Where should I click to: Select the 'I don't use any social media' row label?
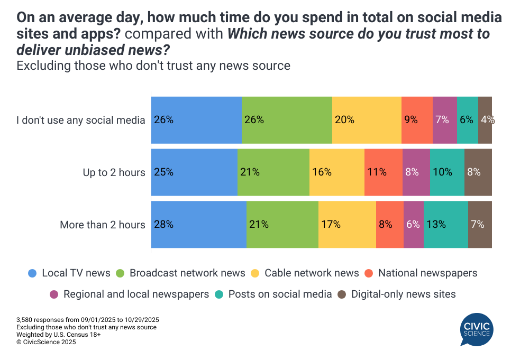click(x=80, y=120)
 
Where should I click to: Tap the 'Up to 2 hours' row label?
click(x=114, y=172)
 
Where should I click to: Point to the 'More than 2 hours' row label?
click(x=102, y=225)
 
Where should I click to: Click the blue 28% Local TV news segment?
click(x=198, y=225)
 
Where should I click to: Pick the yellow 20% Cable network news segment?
click(x=367, y=120)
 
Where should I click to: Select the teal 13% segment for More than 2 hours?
click(x=445, y=225)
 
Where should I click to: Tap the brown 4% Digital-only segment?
click(x=485, y=120)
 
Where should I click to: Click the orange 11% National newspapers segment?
click(x=383, y=172)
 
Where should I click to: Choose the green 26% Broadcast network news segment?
click(x=287, y=120)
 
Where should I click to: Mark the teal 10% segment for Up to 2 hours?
click(x=447, y=172)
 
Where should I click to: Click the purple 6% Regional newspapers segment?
click(x=413, y=225)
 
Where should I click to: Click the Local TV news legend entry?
click(x=69, y=273)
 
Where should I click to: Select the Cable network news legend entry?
click(x=305, y=273)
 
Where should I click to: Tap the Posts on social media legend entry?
click(x=273, y=294)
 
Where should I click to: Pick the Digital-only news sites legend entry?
click(x=397, y=294)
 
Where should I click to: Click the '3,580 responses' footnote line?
click(x=88, y=320)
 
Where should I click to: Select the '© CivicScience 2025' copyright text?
click(x=46, y=342)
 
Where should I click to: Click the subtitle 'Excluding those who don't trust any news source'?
click(x=153, y=66)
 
